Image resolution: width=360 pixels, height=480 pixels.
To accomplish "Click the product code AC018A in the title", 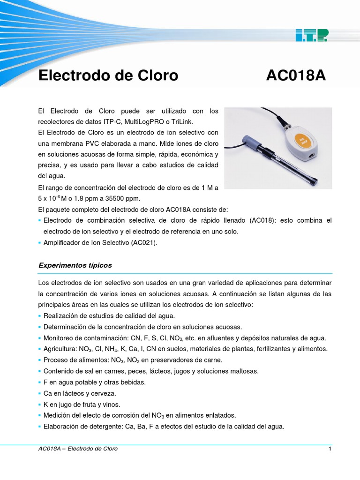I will pyautogui.click(x=295, y=75).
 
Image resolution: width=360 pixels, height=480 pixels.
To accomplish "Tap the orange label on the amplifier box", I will pyautogui.click(x=302, y=142).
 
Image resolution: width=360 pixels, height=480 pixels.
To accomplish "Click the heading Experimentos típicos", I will pyautogui.click(x=75, y=265).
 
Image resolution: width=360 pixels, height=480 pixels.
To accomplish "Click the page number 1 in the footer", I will pyautogui.click(x=330, y=449).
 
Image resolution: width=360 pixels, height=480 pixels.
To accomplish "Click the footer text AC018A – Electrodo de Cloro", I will pyautogui.click(x=78, y=449).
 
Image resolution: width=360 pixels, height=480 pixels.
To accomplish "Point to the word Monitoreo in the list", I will pyautogui.click(x=59, y=338).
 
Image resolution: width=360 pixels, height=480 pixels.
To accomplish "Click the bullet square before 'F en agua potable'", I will pyautogui.click(x=39, y=382).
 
